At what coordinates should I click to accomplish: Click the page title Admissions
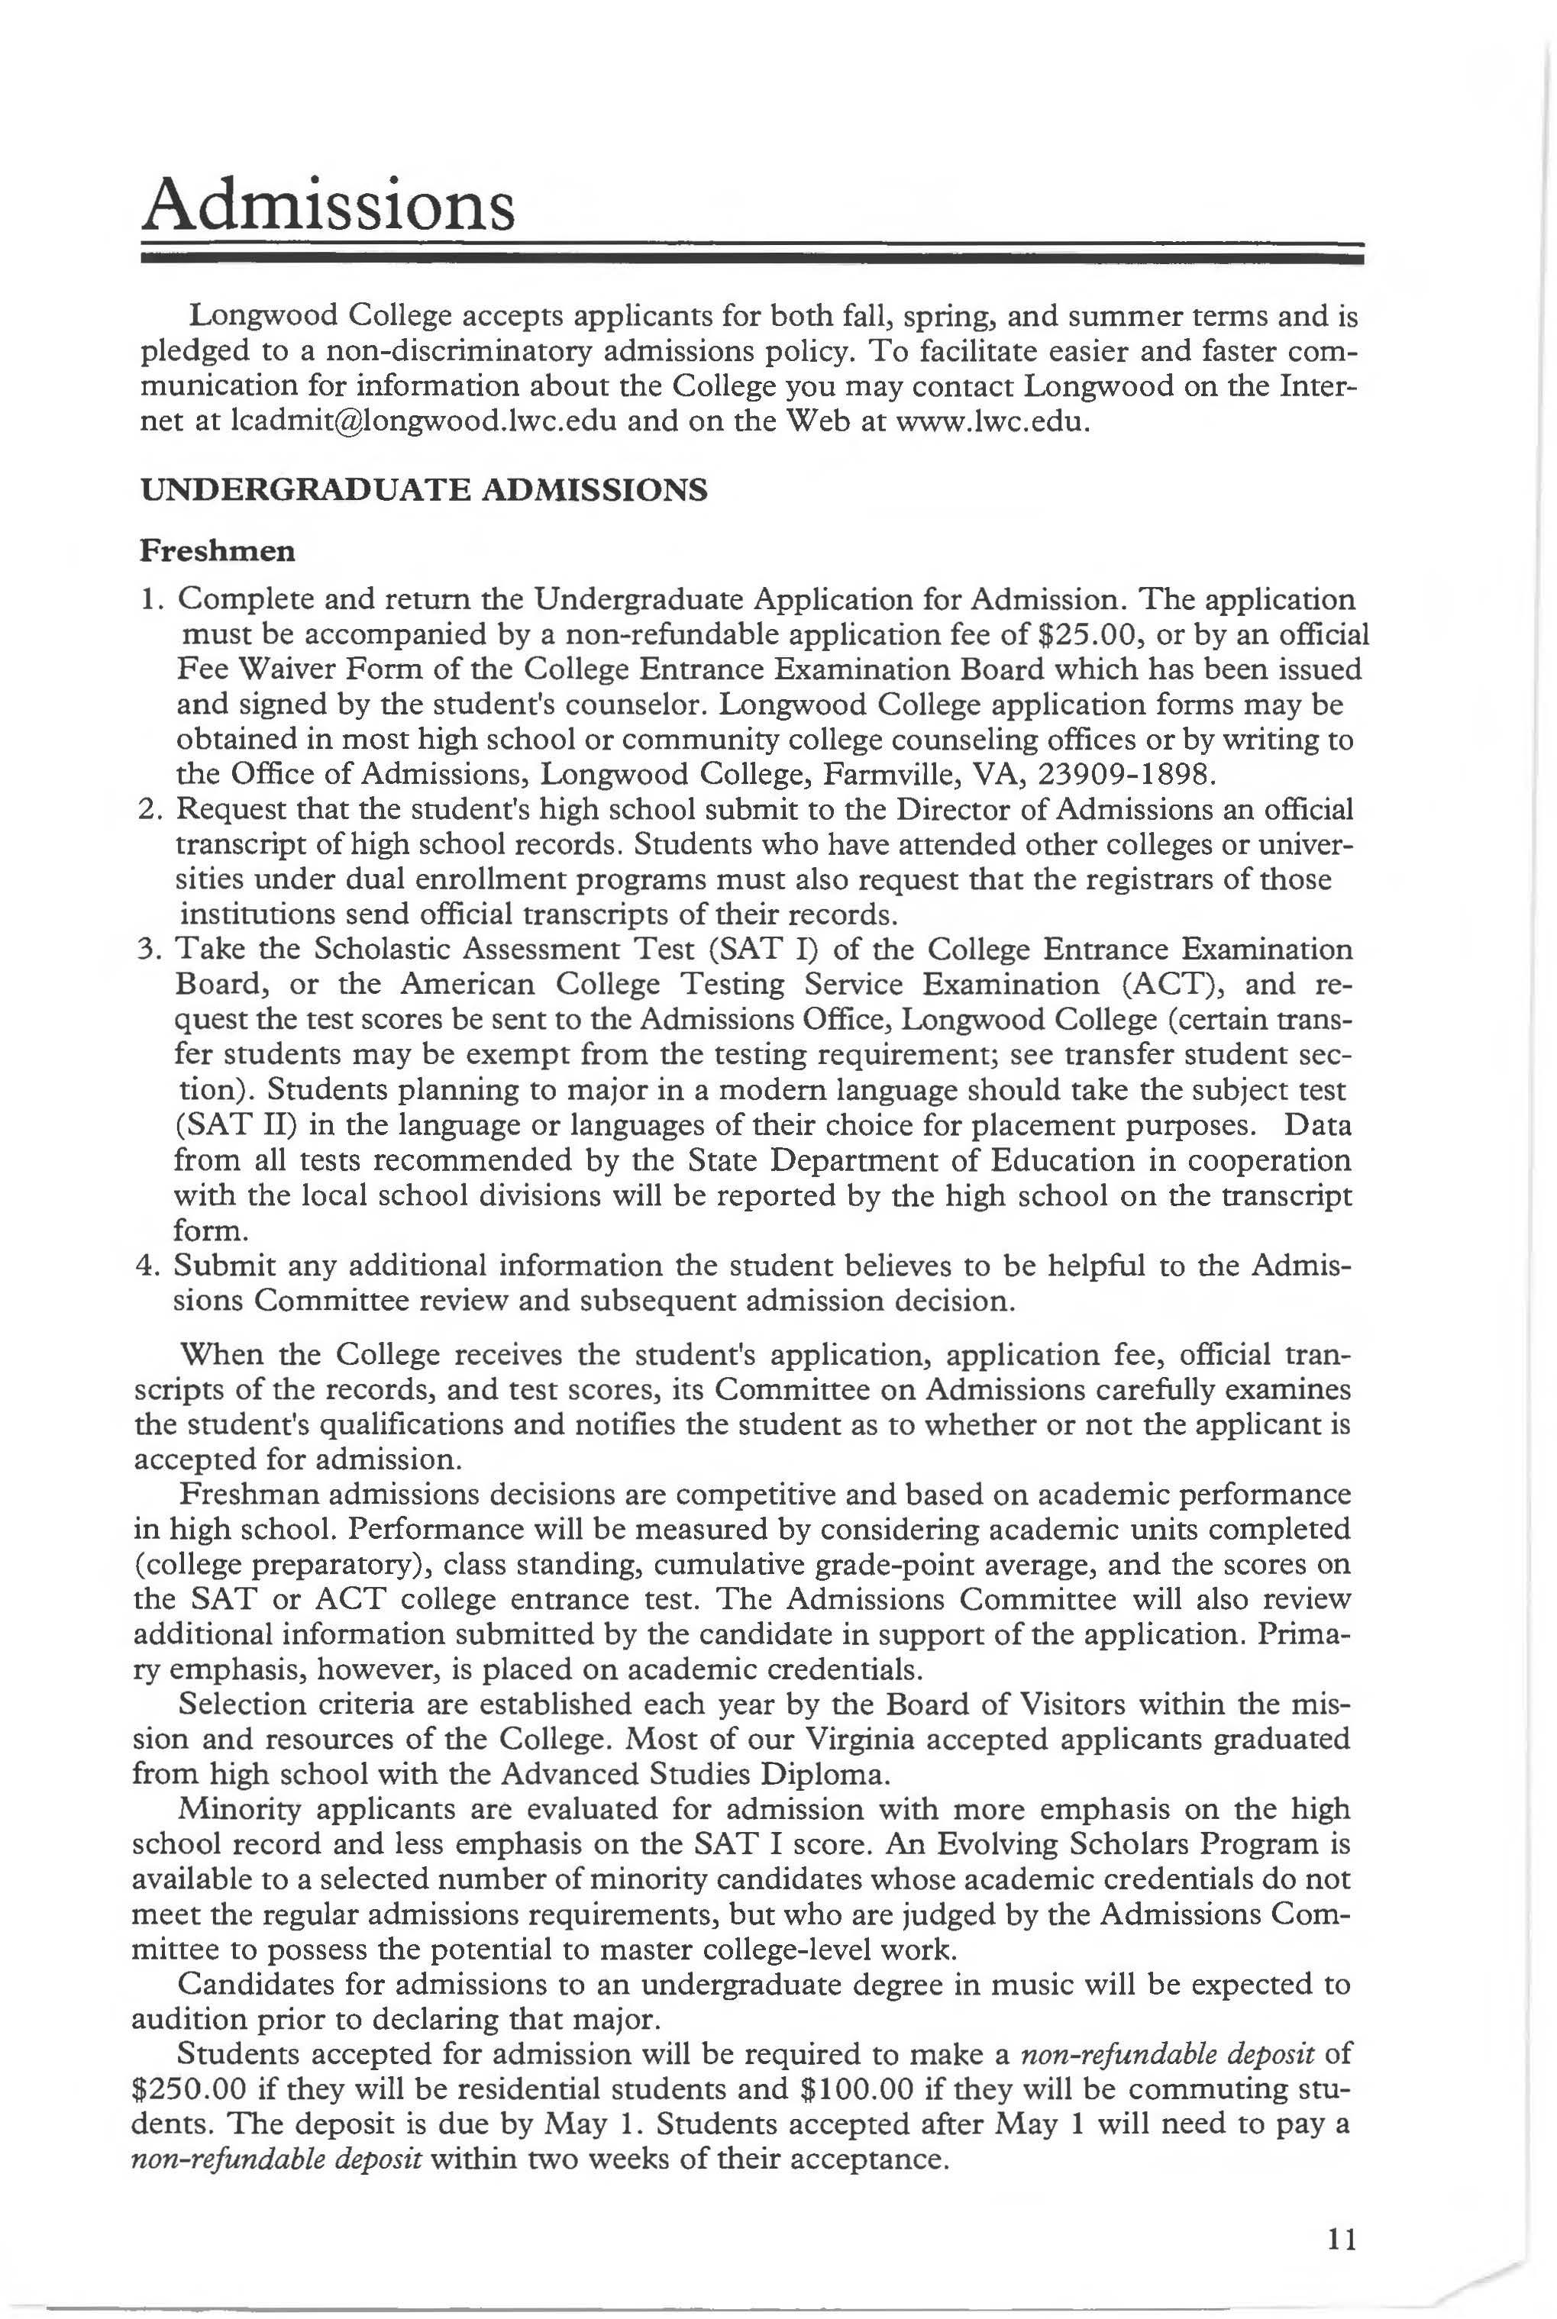click(x=328, y=202)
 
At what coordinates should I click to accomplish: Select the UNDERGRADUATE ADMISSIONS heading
click(x=424, y=489)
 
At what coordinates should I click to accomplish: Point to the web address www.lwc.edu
click(x=993, y=421)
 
